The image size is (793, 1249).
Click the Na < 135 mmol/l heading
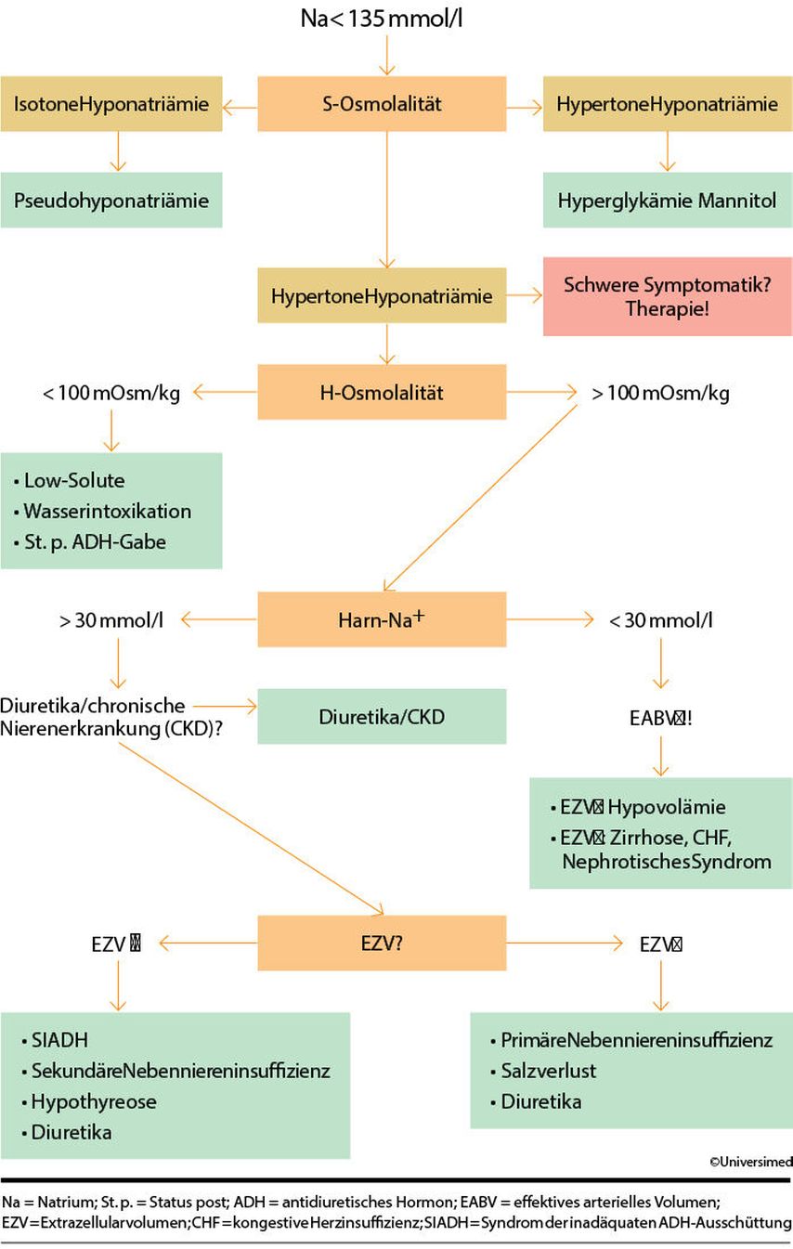(382, 18)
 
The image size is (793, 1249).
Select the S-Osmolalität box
(382, 103)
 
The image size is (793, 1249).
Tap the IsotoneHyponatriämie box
(111, 103)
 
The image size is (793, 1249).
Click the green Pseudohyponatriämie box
(111, 200)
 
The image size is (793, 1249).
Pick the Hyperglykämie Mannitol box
(667, 200)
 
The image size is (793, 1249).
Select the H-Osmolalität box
(382, 392)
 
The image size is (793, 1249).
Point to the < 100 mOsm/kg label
(111, 393)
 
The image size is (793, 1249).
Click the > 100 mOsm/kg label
(660, 393)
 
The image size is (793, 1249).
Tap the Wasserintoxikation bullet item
(108, 511)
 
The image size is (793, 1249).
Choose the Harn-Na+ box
(382, 619)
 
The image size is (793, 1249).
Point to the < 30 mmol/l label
(660, 620)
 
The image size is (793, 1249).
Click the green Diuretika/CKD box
(382, 716)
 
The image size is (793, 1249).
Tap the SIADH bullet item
(60, 1040)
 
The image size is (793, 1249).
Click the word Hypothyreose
(94, 1101)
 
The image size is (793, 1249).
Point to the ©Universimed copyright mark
(751, 1161)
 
